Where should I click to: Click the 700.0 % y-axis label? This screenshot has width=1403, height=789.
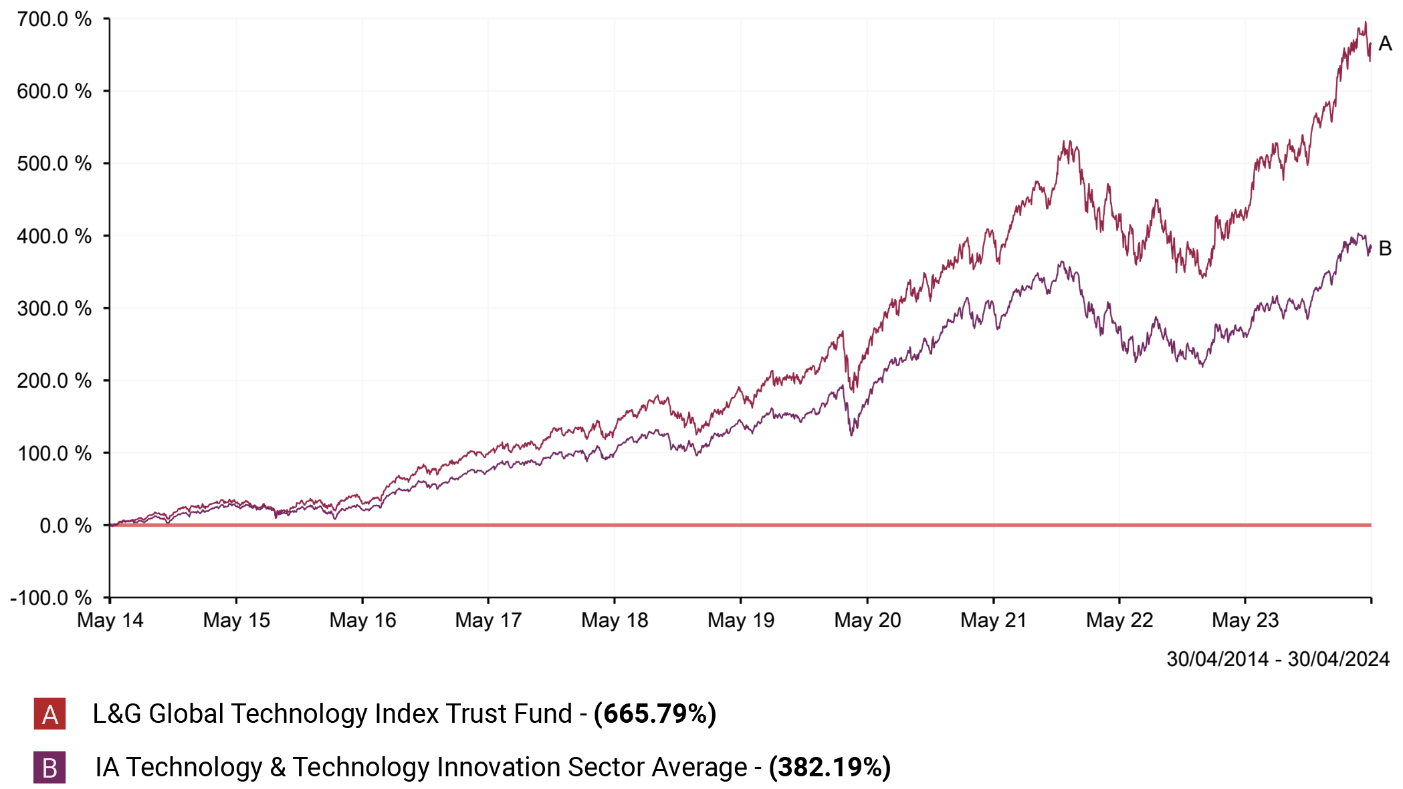pos(54,19)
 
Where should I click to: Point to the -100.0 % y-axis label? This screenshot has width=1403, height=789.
pos(51,597)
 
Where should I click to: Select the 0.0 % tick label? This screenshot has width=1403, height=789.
pos(65,526)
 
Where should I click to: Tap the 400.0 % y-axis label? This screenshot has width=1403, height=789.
pos(54,236)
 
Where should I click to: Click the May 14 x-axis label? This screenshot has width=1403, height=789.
pos(110,621)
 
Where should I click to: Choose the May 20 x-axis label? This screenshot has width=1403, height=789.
pos(867,621)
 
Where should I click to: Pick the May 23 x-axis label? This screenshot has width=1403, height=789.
pos(1245,621)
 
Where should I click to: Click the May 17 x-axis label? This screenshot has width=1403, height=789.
pos(488,621)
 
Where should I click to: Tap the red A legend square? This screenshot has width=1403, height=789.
pos(49,714)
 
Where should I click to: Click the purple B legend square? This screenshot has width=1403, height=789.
pos(49,768)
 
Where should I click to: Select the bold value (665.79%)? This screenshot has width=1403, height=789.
pos(655,714)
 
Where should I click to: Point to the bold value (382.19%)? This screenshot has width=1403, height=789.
pos(829,768)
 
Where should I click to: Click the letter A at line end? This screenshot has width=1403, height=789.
pos(1385,44)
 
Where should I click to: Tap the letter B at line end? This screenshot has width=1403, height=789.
pos(1385,249)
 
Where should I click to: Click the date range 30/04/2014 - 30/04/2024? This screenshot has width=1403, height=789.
pos(1278,659)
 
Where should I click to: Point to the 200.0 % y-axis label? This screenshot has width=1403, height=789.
pos(54,380)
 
